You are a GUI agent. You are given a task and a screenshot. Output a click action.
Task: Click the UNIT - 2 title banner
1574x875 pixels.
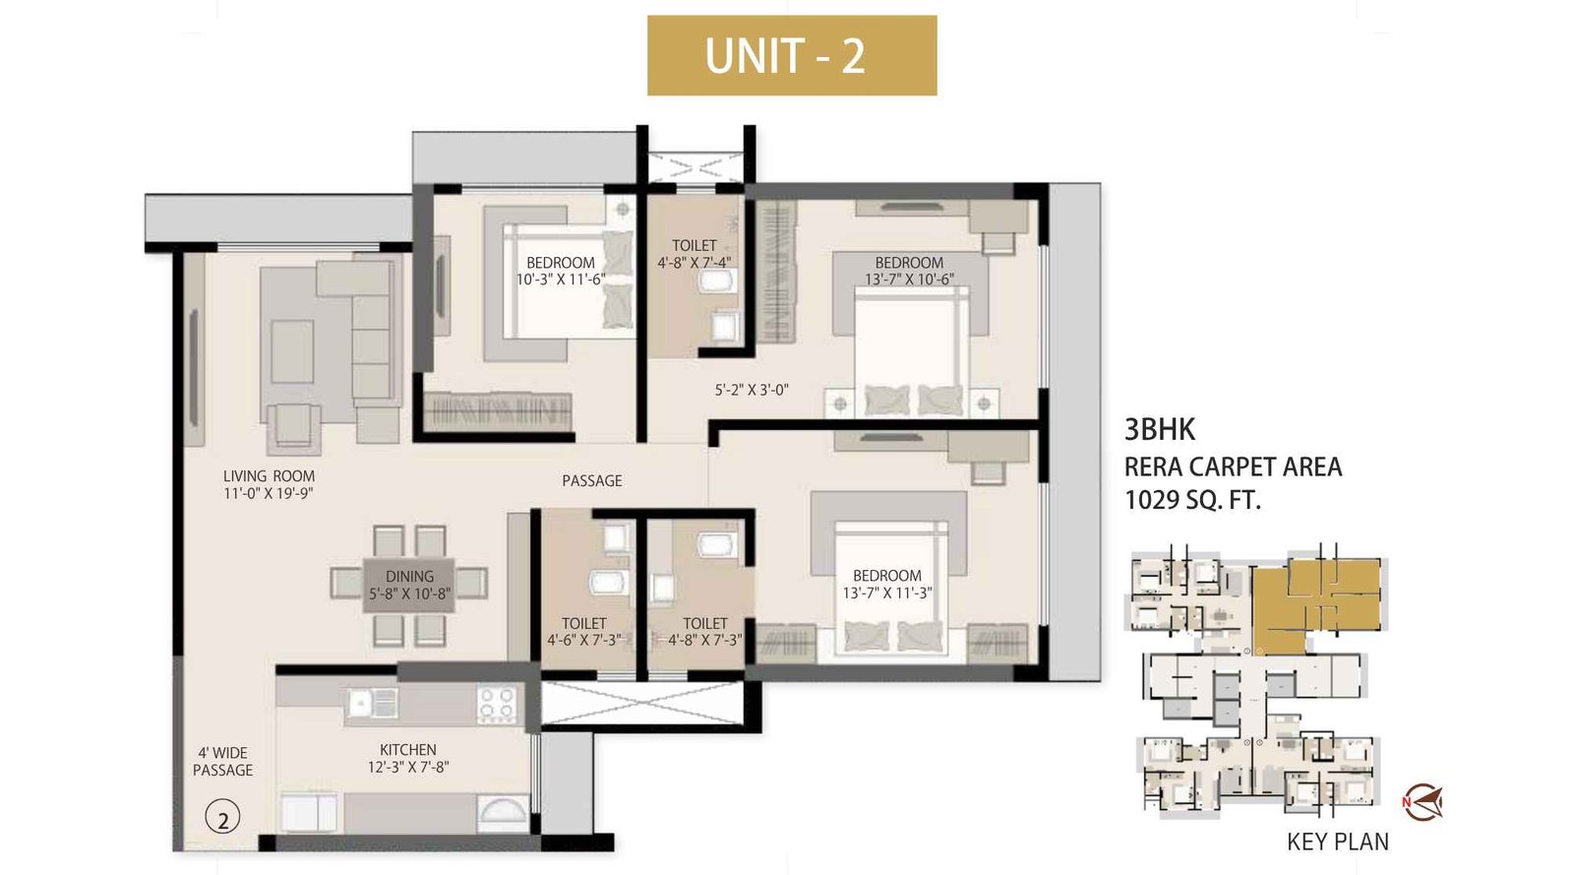[791, 55]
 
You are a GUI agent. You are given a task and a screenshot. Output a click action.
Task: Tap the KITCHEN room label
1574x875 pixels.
[408, 758]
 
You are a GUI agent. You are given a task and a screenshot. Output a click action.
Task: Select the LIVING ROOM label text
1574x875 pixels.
[269, 484]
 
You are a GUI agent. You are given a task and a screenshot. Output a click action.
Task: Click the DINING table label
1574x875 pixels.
[409, 585]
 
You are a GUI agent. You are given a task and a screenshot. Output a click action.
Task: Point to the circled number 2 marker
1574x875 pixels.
[223, 818]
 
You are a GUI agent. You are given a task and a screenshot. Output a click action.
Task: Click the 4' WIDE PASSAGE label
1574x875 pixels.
[222, 762]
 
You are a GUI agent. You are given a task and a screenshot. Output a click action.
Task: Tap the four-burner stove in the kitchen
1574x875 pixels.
[497, 705]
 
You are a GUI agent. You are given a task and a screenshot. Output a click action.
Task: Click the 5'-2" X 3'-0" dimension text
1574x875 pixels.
[752, 390]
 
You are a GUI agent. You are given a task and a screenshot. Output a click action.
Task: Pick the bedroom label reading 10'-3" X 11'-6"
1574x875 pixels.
[561, 271]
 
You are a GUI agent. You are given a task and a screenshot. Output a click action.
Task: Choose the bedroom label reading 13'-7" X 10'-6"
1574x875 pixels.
[909, 271]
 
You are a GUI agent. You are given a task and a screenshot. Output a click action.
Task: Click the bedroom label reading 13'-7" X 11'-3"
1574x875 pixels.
[887, 584]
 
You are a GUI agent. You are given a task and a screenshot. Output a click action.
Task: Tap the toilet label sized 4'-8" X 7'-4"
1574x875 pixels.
[695, 254]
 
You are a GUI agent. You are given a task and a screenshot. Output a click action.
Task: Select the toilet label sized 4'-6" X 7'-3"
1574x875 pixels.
[584, 631]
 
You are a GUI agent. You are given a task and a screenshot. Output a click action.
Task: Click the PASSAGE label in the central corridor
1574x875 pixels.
[592, 480]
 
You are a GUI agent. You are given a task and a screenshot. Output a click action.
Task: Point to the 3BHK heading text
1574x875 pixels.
[1160, 429]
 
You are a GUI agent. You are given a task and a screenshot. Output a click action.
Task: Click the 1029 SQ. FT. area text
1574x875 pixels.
[1192, 500]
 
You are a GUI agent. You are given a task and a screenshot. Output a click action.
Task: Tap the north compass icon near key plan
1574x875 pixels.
[1423, 802]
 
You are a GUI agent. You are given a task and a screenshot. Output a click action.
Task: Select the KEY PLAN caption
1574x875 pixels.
[1338, 842]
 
